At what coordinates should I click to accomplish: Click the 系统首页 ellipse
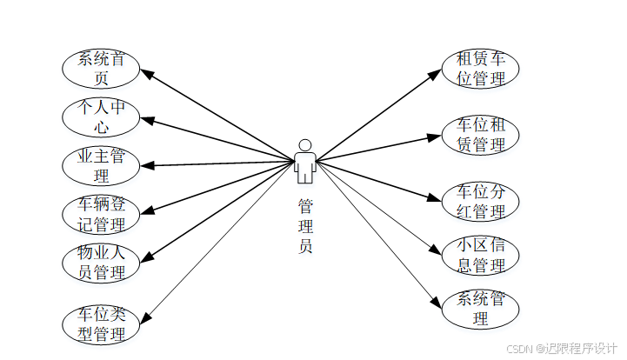click(101, 69)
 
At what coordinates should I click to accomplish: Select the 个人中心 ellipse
click(101, 117)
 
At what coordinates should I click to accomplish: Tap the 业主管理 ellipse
click(101, 165)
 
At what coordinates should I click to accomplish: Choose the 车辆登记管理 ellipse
click(101, 214)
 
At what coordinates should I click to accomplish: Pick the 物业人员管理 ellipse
click(101, 262)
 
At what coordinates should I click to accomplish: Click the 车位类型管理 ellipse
click(101, 323)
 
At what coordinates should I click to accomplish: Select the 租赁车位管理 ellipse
click(481, 69)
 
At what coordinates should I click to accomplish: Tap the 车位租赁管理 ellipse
click(481, 135)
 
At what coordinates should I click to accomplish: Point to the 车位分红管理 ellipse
click(481, 201)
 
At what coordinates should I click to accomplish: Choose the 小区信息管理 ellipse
click(481, 256)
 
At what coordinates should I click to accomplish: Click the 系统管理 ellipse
click(481, 309)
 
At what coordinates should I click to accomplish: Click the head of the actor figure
click(304, 144)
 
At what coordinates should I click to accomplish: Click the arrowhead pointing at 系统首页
click(148, 76)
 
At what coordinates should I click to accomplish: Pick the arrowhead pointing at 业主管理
click(148, 164)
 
